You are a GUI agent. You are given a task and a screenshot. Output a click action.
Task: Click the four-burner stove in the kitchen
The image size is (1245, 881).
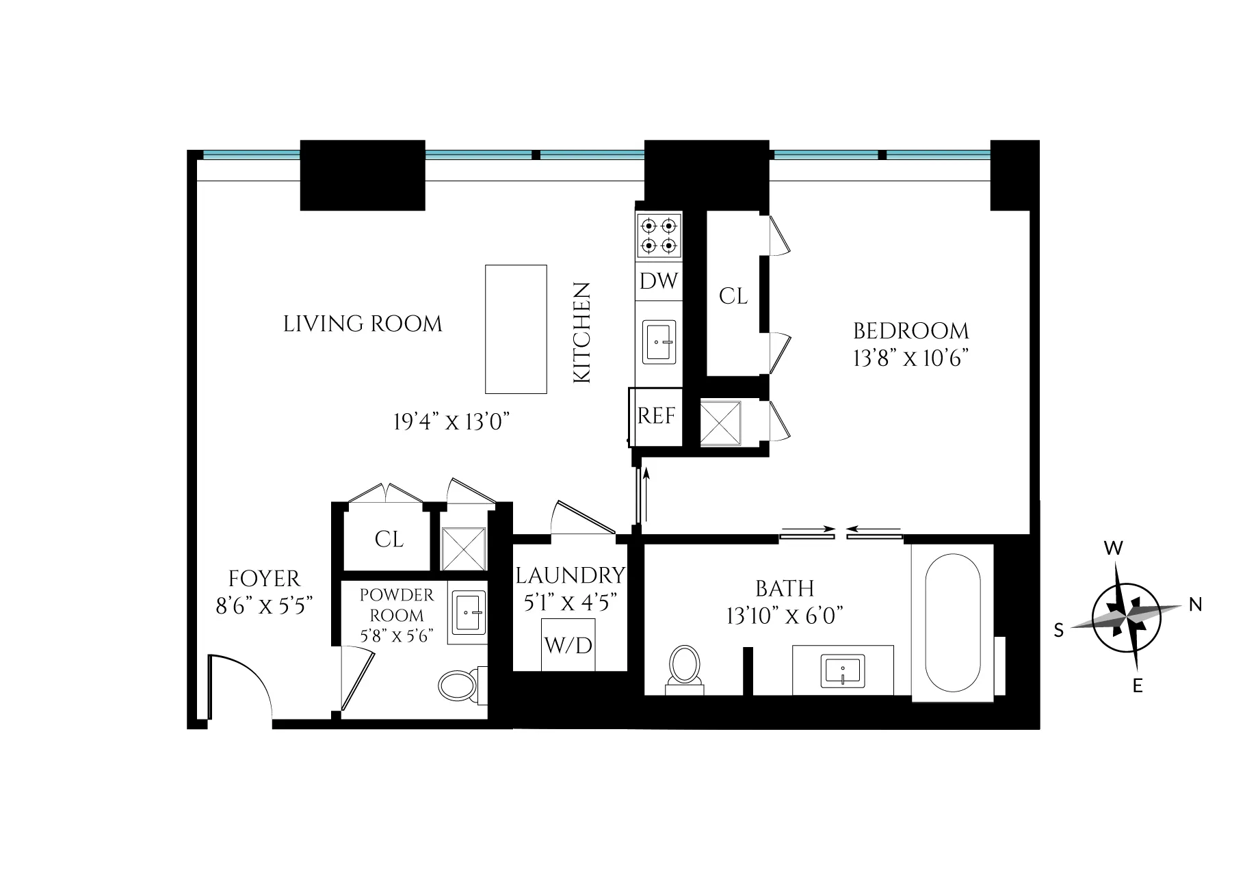tap(659, 235)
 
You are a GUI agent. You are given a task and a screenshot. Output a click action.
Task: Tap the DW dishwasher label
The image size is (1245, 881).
tap(659, 281)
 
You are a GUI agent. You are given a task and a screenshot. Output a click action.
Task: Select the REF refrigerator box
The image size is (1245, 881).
tap(656, 416)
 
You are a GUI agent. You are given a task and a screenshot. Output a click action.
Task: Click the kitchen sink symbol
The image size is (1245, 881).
tap(659, 341)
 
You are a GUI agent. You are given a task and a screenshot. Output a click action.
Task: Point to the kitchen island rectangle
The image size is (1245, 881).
tap(516, 329)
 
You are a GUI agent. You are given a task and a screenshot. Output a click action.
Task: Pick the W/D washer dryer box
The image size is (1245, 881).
tap(568, 644)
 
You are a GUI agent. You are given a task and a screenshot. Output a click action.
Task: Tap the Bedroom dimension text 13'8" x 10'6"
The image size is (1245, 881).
tap(911, 358)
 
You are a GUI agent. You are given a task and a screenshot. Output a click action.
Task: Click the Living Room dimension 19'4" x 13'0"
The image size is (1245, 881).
tap(452, 422)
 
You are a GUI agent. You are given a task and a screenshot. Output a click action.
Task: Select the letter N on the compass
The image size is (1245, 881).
tap(1195, 604)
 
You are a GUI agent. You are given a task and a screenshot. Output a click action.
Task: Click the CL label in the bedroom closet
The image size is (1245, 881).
tap(733, 296)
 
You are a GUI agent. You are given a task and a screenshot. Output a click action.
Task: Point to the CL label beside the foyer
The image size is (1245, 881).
tap(389, 539)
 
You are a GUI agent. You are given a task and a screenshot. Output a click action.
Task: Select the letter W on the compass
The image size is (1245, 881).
tap(1114, 548)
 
